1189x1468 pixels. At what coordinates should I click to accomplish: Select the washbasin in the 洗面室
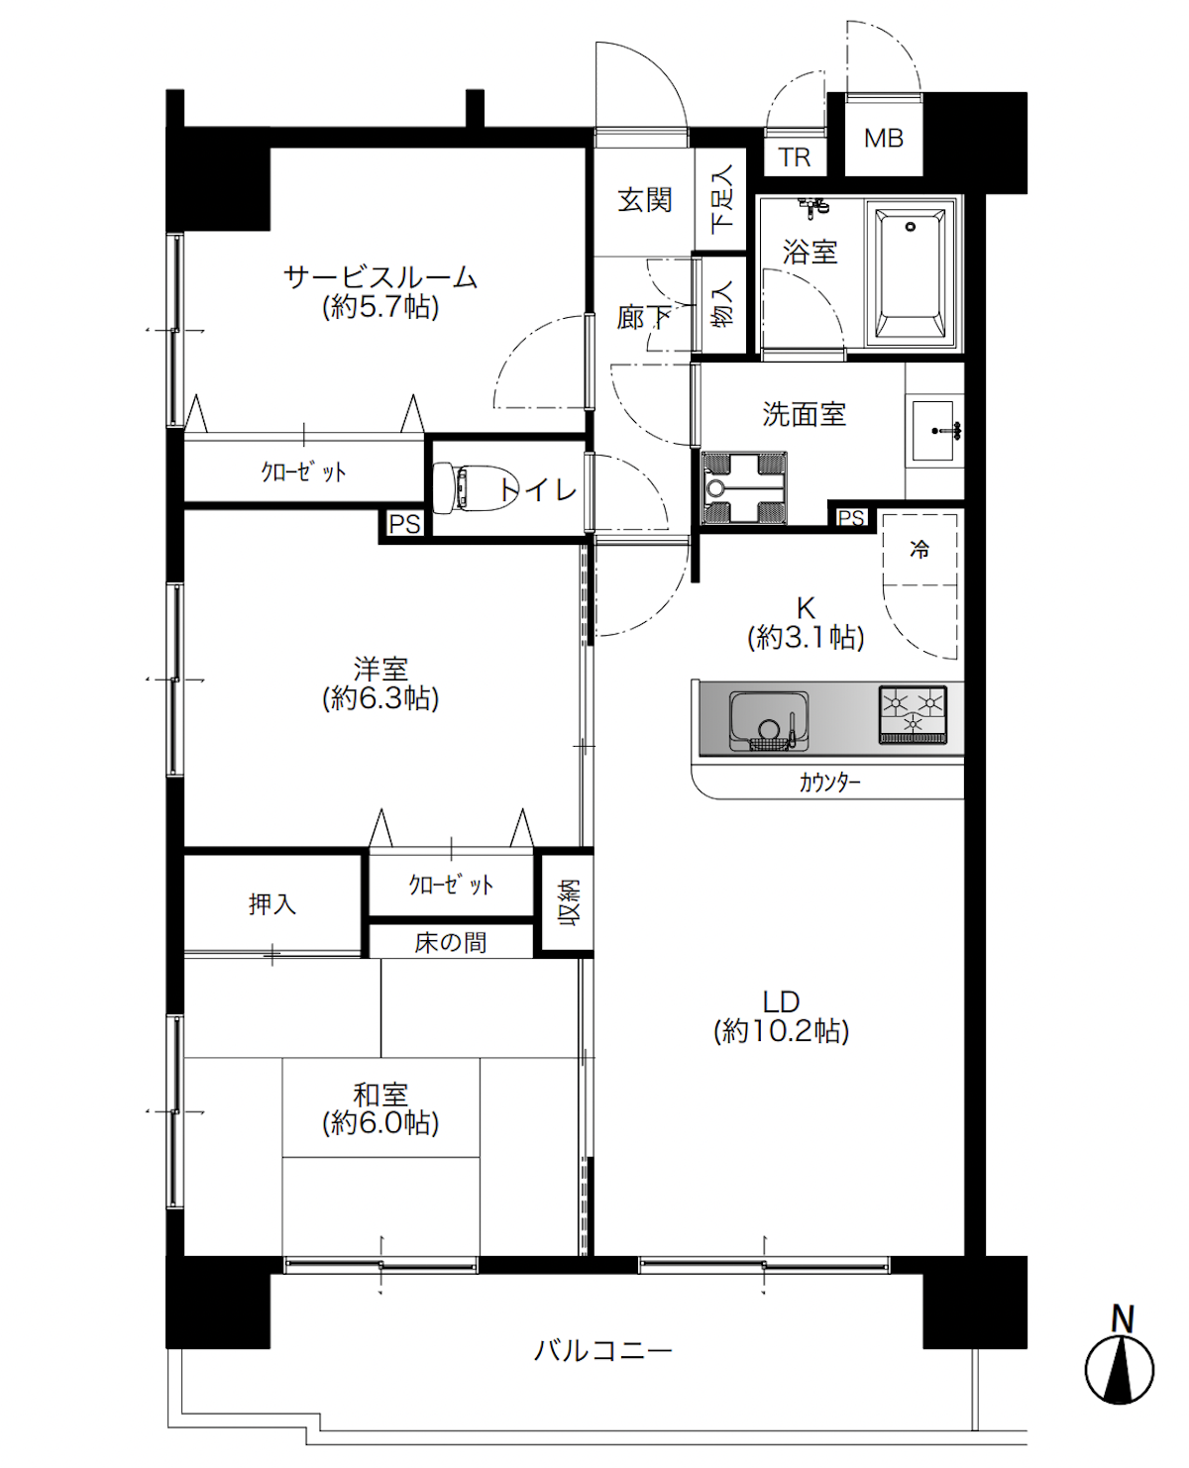[x=934, y=431]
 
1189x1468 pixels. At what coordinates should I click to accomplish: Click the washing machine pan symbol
[x=744, y=488]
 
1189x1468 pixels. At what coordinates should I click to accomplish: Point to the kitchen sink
[x=769, y=721]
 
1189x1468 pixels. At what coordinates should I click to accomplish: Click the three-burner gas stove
[x=913, y=715]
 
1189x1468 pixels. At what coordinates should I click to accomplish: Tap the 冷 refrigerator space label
[x=919, y=550]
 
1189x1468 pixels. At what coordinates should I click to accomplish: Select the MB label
[x=884, y=139]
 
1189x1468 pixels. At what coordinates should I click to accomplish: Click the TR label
[x=795, y=157]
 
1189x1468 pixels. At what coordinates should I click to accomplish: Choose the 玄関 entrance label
[x=644, y=200]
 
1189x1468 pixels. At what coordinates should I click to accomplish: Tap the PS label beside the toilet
[x=404, y=524]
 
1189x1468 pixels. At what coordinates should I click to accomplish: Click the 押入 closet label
[x=272, y=903]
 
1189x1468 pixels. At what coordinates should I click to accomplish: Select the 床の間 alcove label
[x=451, y=942]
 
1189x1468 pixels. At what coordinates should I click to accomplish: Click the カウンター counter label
[x=830, y=783]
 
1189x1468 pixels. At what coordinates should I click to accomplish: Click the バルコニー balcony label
[x=603, y=1350]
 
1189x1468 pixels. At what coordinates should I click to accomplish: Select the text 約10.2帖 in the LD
[x=781, y=1031]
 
